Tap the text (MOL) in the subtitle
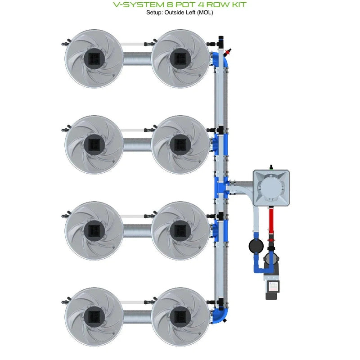[x=204, y=13]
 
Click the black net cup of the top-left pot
[x=94, y=58]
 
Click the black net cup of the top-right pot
[x=180, y=58]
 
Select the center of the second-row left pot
[x=94, y=144]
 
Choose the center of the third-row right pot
[x=180, y=230]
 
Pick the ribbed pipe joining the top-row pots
[x=137, y=58]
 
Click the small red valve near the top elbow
[x=229, y=49]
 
